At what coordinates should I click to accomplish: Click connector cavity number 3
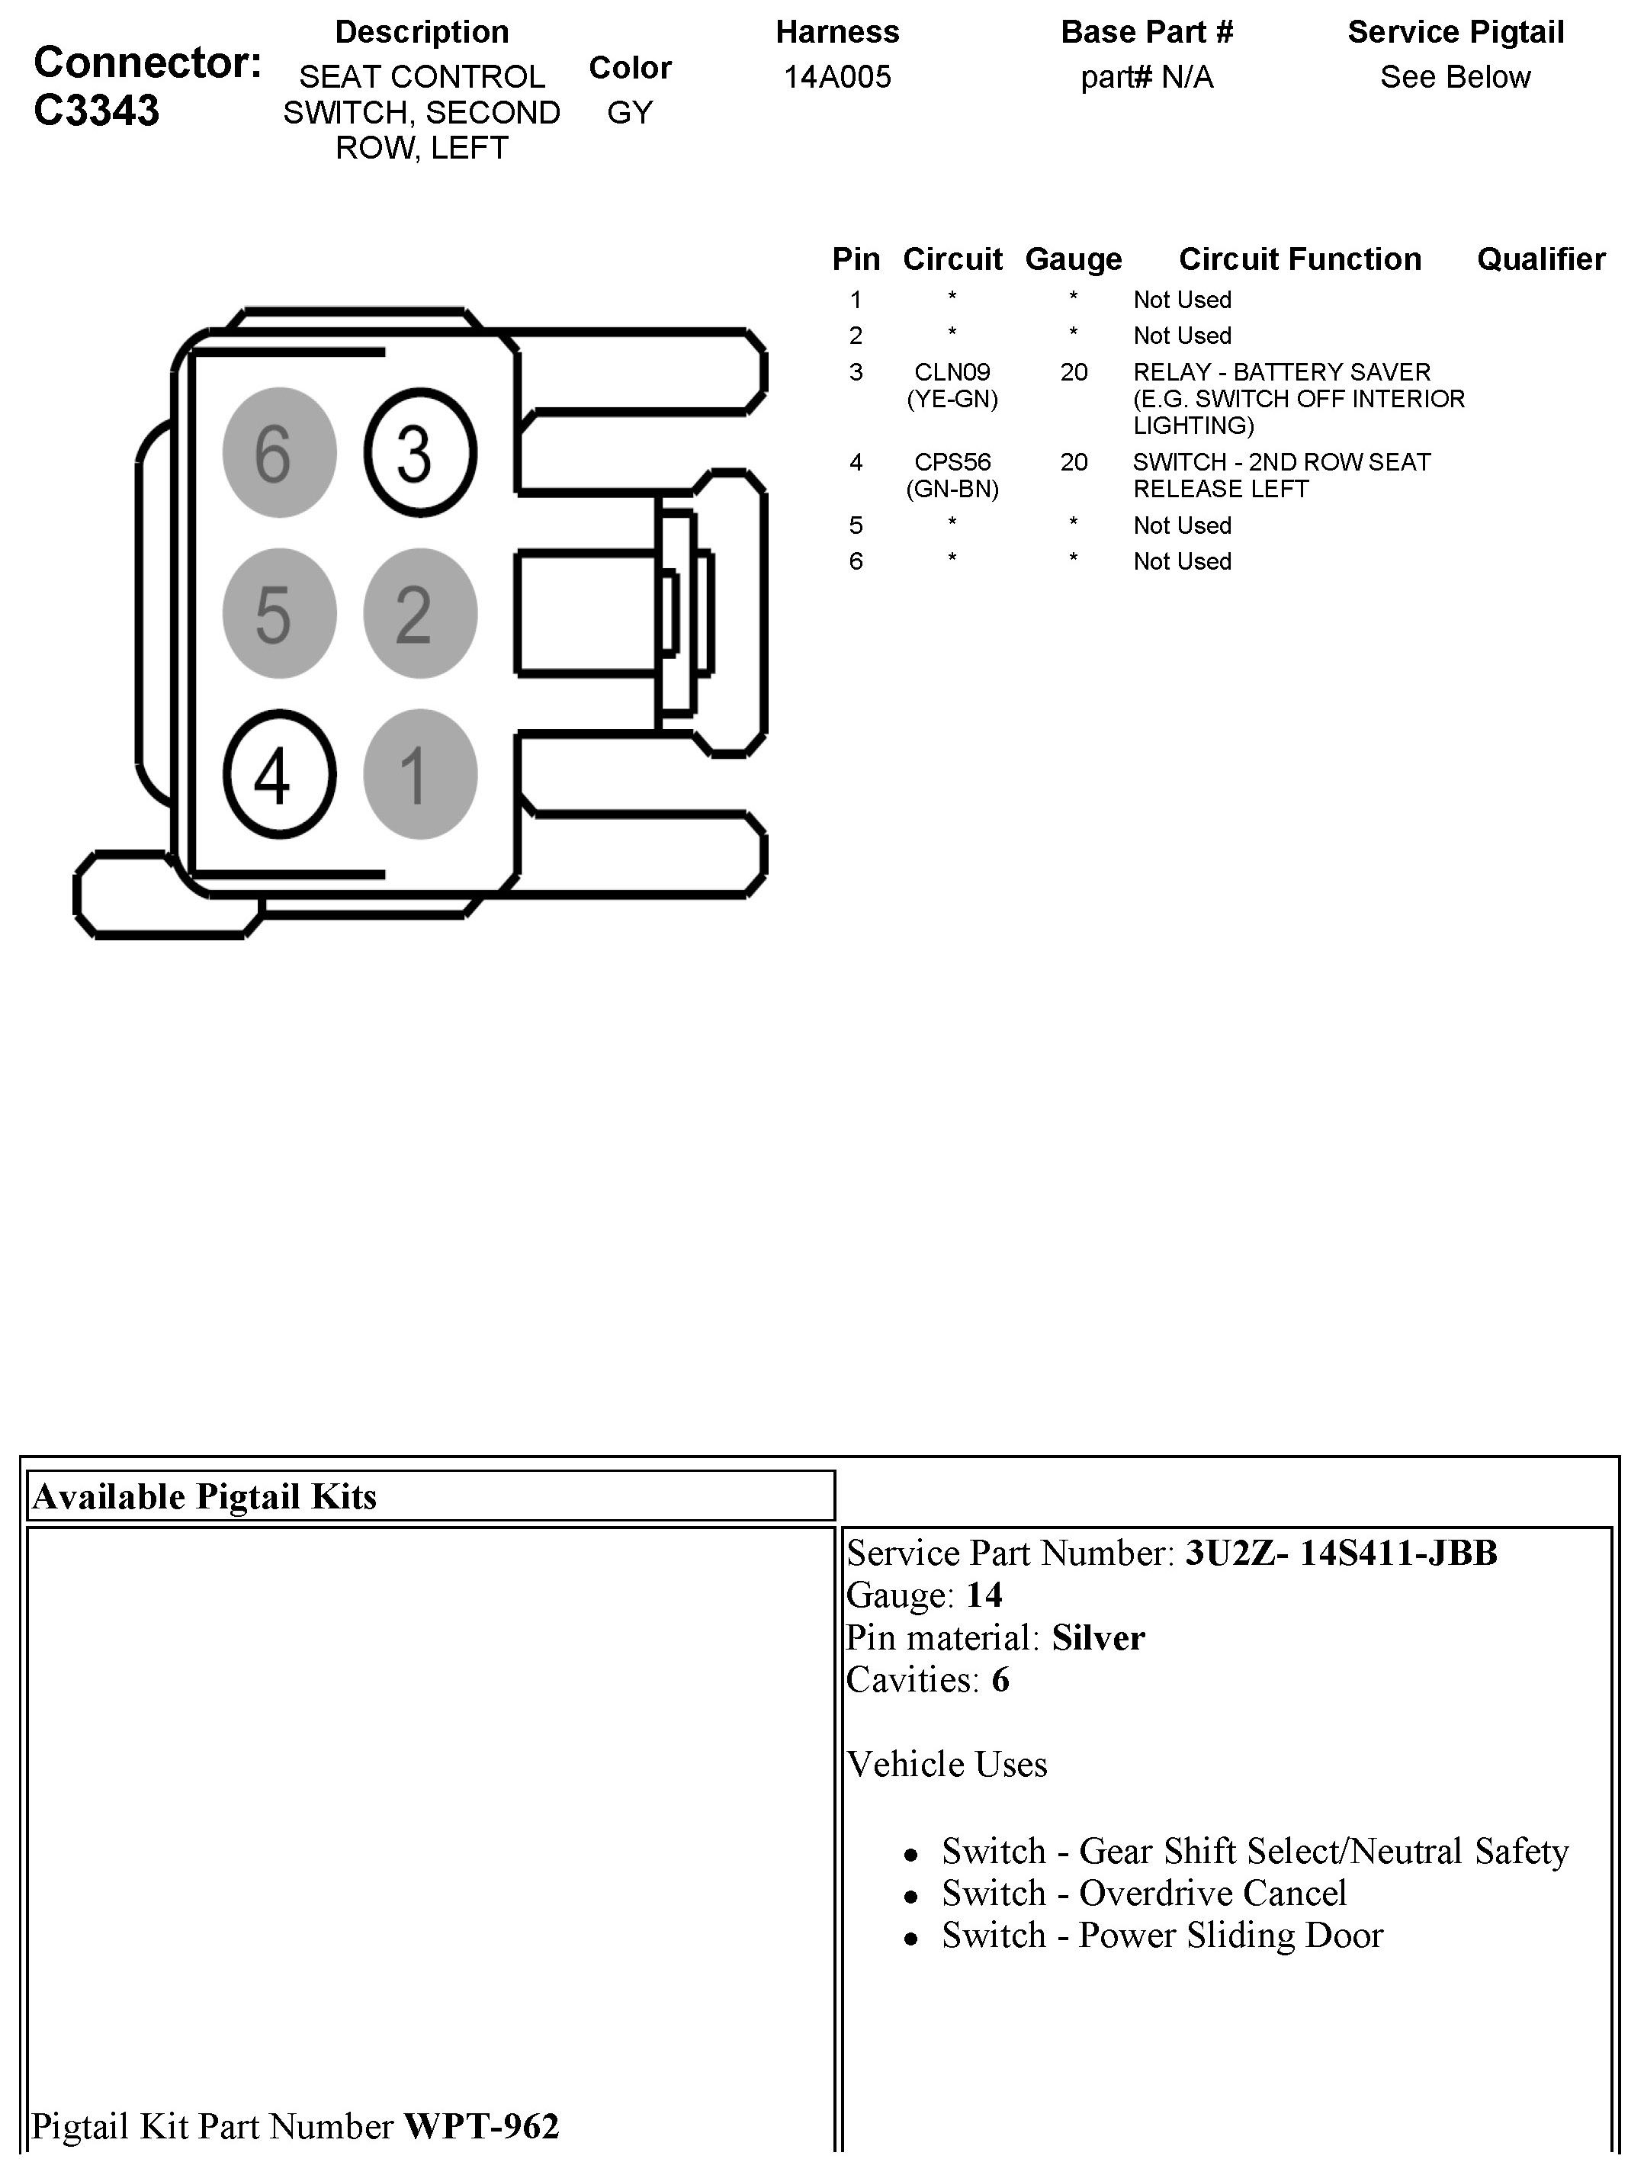pyautogui.click(x=421, y=453)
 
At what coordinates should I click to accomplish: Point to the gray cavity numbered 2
pyautogui.click(x=421, y=614)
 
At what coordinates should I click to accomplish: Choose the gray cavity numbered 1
pyautogui.click(x=421, y=775)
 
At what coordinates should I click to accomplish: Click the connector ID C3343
pyautogui.click(x=96, y=110)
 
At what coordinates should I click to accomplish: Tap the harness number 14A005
pyautogui.click(x=836, y=77)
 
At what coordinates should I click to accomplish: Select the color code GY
pyautogui.click(x=629, y=112)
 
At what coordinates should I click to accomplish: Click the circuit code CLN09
pyautogui.click(x=952, y=371)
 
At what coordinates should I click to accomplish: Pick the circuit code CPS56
pyautogui.click(x=952, y=461)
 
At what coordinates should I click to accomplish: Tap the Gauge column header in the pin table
pyautogui.click(x=1073, y=259)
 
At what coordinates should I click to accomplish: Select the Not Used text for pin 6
pyautogui.click(x=1182, y=561)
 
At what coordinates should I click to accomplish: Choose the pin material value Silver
pyautogui.click(x=1098, y=1637)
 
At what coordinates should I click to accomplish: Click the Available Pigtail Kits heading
pyautogui.click(x=204, y=1496)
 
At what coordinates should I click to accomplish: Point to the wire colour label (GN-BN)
pyautogui.click(x=952, y=489)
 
